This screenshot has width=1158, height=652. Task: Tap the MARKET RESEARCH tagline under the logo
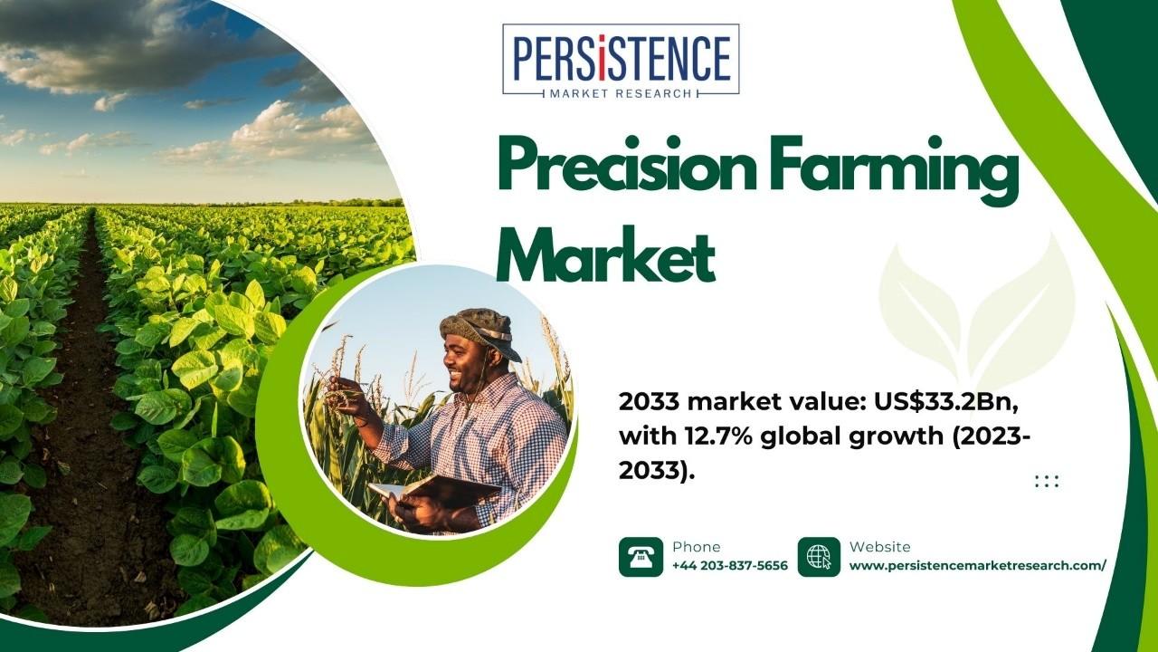(x=621, y=93)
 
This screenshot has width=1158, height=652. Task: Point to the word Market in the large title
(x=606, y=254)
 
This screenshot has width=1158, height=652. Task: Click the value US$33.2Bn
(x=946, y=403)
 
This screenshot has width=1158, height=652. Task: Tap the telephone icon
(x=641, y=557)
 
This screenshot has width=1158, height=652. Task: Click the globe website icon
(x=819, y=557)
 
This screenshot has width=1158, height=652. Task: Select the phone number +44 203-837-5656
(x=730, y=566)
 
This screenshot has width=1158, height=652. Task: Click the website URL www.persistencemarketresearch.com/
(x=978, y=566)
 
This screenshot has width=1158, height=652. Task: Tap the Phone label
(x=696, y=547)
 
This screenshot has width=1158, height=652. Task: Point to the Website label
(x=880, y=547)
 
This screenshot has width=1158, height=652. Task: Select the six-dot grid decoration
(x=1047, y=481)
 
